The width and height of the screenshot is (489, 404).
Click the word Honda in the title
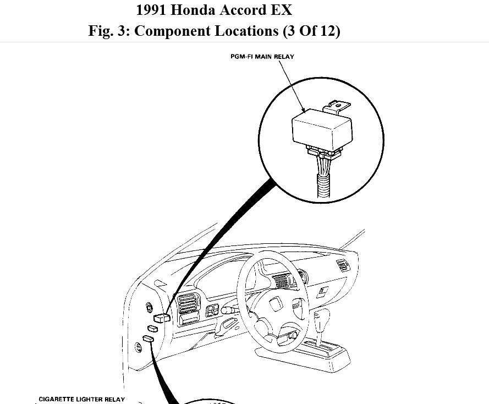click(x=189, y=10)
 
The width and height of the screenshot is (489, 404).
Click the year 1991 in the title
click(x=150, y=10)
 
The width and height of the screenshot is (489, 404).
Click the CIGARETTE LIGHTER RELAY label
click(x=81, y=399)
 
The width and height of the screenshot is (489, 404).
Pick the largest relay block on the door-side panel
click(x=163, y=316)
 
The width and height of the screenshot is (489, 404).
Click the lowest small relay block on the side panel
click(x=149, y=339)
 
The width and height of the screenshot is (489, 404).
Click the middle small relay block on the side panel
click(x=153, y=329)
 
